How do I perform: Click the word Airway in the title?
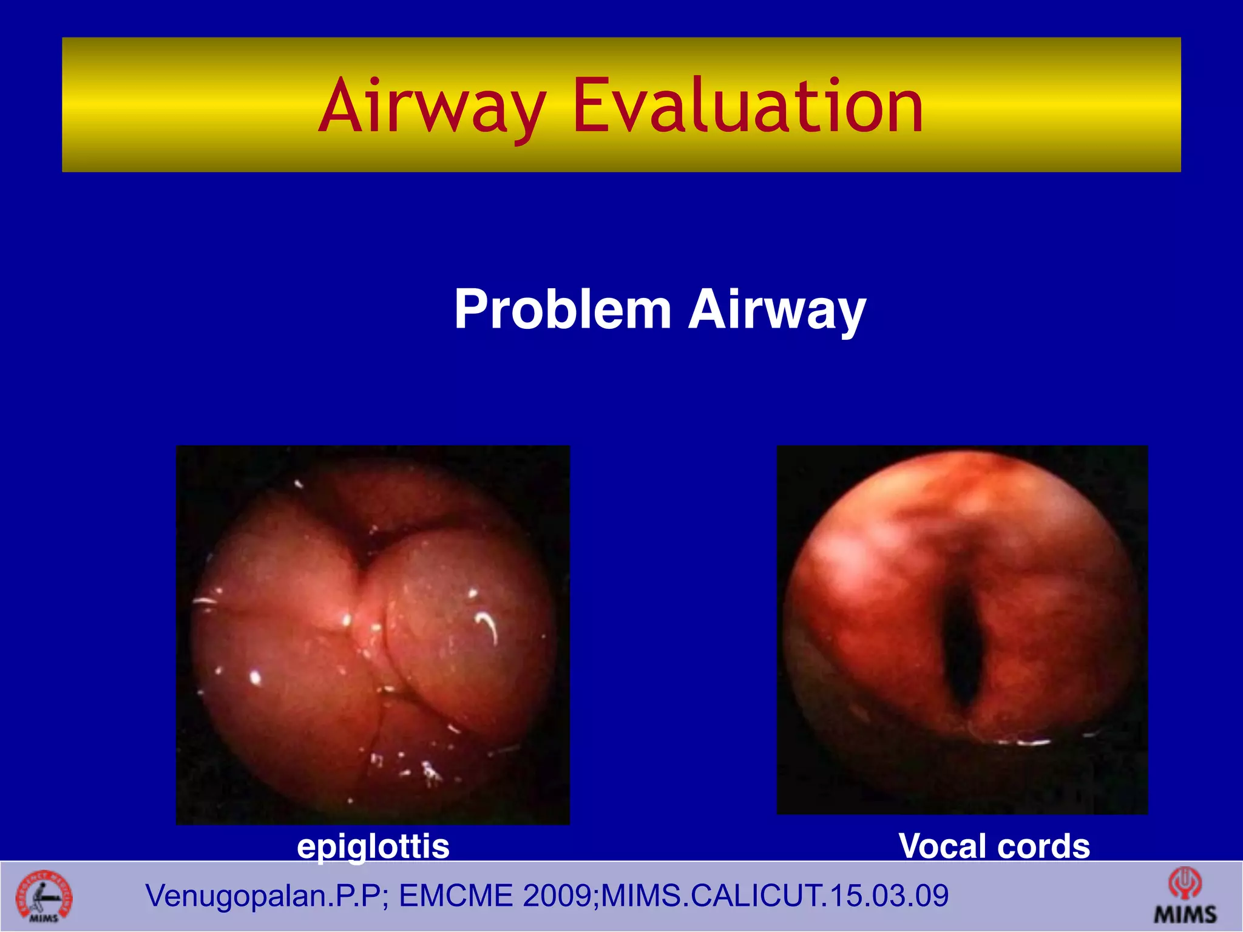432,107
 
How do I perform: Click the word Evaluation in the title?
748,107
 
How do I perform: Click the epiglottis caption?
373,846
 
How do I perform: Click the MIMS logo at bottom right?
1185,896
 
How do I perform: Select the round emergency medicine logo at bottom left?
44,897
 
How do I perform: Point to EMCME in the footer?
456,896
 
